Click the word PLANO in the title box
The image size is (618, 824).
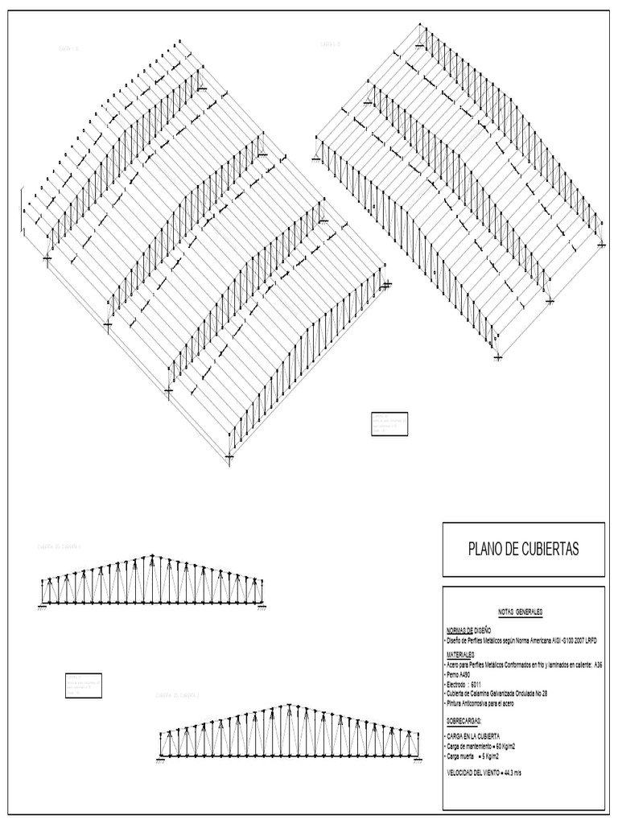pos(486,550)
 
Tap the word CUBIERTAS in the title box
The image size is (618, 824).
pos(550,550)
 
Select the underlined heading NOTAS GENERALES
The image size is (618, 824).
pos(521,612)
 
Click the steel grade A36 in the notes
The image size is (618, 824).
pos(598,665)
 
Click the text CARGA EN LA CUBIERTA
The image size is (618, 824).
pos(479,736)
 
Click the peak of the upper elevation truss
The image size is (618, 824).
pos(151,556)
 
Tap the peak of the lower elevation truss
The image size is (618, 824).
pos(288,706)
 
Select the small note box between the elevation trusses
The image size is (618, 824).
pos(84,685)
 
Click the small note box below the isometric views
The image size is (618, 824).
pos(389,423)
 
